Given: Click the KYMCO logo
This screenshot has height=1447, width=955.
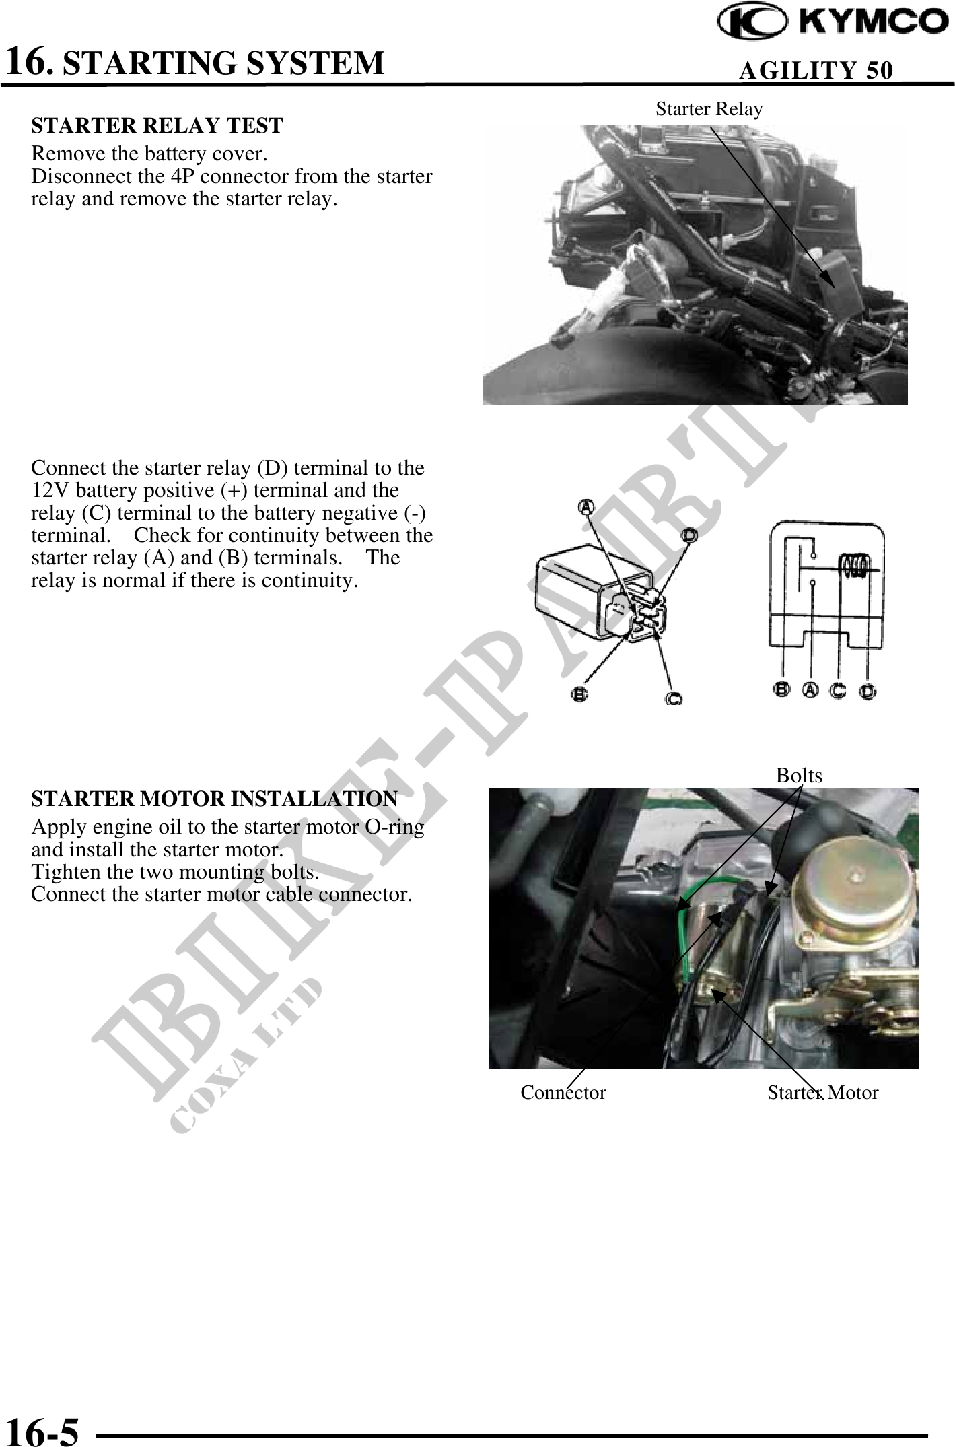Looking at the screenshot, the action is coord(833,24).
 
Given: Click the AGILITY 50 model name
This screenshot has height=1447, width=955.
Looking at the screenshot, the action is coord(816,70).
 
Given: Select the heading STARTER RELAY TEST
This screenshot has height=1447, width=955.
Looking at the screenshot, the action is coord(157,125).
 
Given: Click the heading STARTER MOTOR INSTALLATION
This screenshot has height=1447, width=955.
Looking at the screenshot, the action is coord(215,799).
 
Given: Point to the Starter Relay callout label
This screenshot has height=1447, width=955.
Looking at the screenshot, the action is coord(709,109).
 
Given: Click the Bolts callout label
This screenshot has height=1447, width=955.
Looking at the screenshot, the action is coord(799,776).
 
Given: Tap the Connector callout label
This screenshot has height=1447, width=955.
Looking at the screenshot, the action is coord(563,1092).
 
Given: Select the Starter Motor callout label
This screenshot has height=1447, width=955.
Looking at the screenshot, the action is coord(823,1092).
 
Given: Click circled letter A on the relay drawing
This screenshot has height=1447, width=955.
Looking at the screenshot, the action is coord(588,506).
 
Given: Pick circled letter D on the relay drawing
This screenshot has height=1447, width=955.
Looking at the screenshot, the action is coord(689,535).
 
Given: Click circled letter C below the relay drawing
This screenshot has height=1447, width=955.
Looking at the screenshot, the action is coord(674,699).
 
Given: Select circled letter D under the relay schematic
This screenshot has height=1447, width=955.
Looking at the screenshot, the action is coord(868,692).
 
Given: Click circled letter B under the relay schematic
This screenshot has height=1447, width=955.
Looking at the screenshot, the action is coord(782,690).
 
